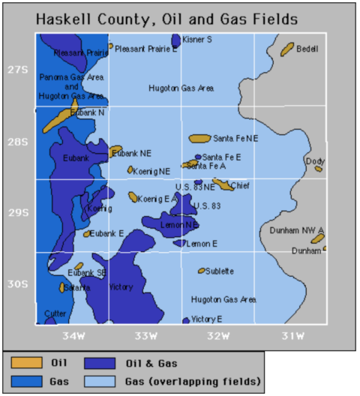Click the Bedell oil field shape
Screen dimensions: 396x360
[286, 49]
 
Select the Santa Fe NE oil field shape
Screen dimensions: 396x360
[199, 139]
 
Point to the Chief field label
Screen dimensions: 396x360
[240, 186]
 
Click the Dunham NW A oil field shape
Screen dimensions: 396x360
[317, 238]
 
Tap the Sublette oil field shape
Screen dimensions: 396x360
[201, 271]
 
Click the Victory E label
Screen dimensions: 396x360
[207, 319]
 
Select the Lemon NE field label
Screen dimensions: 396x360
[179, 224]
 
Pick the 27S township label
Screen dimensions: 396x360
[17, 70]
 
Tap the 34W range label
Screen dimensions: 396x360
[73, 334]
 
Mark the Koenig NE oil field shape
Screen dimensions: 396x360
[130, 170]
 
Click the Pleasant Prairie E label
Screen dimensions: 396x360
[147, 47]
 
